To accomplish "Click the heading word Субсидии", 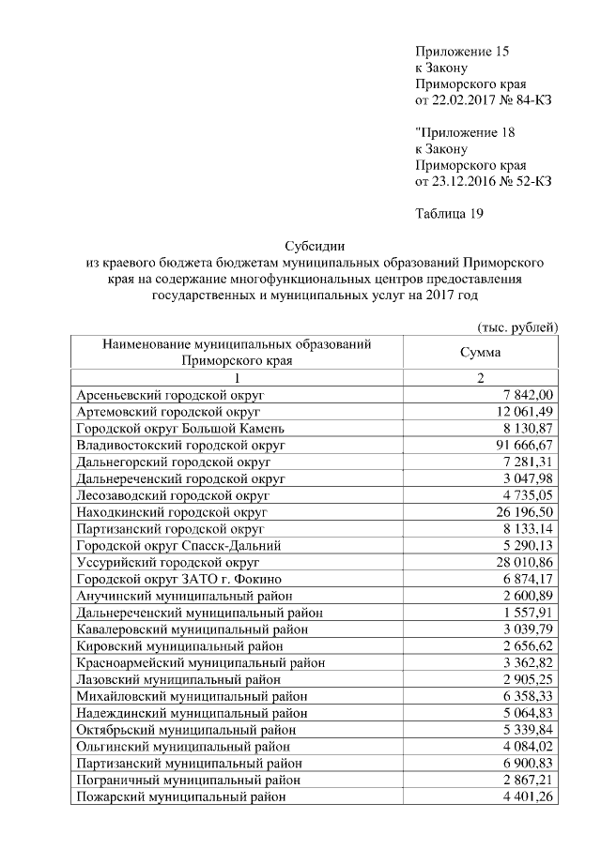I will [311, 246].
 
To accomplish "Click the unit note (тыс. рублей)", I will [518, 326].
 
